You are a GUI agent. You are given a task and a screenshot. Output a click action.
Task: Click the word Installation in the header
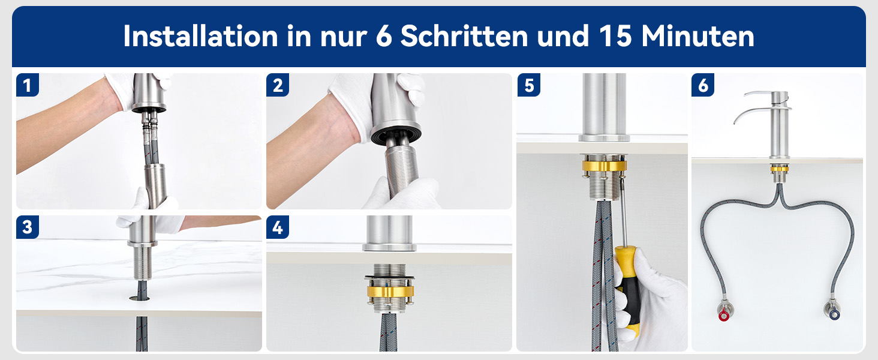coord(200,36)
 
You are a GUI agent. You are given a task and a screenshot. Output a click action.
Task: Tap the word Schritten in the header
coord(464,36)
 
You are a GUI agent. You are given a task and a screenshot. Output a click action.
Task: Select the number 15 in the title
coord(615,36)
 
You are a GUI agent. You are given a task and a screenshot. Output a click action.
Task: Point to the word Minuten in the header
coord(697,36)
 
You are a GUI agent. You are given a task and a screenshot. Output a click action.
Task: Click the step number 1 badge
coord(28,85)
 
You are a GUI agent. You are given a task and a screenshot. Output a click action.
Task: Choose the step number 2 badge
coord(278,85)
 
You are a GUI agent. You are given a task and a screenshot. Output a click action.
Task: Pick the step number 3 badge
coord(28,227)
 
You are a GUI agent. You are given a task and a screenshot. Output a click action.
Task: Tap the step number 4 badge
coord(278,227)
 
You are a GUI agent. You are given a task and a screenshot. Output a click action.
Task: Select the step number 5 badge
coord(529,85)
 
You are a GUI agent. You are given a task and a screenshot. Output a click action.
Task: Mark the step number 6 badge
coord(703,85)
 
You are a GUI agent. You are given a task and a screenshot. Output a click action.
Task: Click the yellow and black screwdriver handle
coord(628,290)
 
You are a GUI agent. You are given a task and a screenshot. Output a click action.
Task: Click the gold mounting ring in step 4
coord(390,291)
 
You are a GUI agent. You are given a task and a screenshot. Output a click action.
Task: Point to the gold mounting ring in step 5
coord(603,165)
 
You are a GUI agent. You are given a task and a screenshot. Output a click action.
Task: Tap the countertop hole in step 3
coord(140,299)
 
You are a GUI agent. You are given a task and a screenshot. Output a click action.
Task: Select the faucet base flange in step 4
coord(389,247)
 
